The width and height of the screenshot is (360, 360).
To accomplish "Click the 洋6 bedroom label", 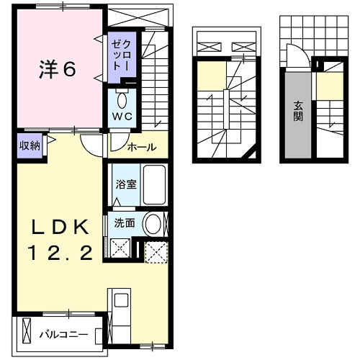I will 56,70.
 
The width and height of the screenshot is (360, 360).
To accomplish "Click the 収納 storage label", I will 29,145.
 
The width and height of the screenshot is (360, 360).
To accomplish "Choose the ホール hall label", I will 140,148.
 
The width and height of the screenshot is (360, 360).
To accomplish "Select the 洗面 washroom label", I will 124,223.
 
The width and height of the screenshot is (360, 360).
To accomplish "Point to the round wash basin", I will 153,224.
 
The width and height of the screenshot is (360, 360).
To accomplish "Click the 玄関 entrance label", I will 297,112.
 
